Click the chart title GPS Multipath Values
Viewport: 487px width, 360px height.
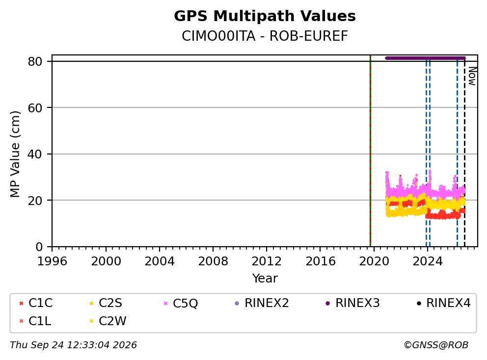pos(265,16)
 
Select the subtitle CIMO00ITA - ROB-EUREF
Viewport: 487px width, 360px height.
pos(265,36)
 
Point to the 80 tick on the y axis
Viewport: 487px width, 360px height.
pos(35,61)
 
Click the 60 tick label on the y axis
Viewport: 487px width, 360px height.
pos(35,108)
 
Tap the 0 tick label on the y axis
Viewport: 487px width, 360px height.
pos(39,247)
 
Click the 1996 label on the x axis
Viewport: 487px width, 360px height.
pos(52,261)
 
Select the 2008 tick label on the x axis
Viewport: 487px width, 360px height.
pos(213,261)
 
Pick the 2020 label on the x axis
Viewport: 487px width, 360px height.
pos(374,261)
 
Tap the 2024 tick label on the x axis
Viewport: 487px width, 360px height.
pos(428,261)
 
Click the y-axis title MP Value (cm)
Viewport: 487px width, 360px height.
pos(15,154)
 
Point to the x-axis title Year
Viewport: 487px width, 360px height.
pos(265,279)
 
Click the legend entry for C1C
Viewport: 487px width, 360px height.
pos(36,303)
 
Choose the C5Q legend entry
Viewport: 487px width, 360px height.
pos(181,303)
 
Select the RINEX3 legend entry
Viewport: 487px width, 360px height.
pos(352,303)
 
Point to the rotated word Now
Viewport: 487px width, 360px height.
pos(472,76)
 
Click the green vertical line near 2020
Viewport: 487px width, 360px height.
pos(370,151)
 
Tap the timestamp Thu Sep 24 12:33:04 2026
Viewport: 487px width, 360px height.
pos(73,345)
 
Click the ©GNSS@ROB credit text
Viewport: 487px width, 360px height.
pos(436,345)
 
